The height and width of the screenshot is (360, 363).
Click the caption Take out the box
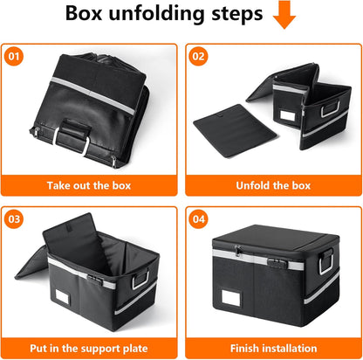click(x=91, y=186)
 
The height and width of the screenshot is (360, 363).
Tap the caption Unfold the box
click(x=271, y=186)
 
